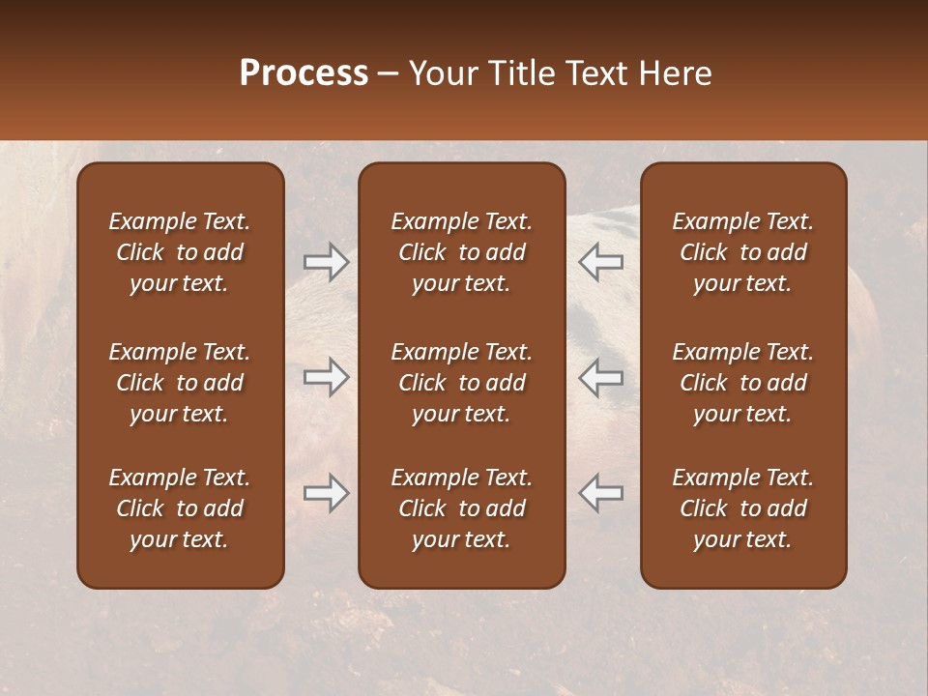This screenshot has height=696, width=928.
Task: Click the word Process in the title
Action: pyautogui.click(x=304, y=73)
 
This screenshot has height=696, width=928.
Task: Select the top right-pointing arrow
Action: pyautogui.click(x=326, y=262)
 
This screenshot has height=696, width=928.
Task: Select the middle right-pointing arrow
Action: pyautogui.click(x=326, y=377)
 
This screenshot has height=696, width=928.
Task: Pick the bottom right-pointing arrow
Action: pyautogui.click(x=326, y=493)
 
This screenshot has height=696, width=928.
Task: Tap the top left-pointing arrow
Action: pyautogui.click(x=600, y=262)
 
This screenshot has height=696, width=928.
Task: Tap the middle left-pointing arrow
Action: pyautogui.click(x=600, y=377)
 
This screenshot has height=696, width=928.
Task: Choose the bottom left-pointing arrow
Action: pyautogui.click(x=600, y=493)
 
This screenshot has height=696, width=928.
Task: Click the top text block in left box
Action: pyautogui.click(x=180, y=252)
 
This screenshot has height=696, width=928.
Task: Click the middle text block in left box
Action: pyautogui.click(x=180, y=383)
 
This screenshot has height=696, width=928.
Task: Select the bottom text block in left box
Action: pyautogui.click(x=180, y=508)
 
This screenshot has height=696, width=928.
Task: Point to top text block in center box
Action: pyautogui.click(x=461, y=252)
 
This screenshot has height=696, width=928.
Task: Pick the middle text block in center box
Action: pyautogui.click(x=461, y=383)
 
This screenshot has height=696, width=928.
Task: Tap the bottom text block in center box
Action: pyautogui.click(x=461, y=508)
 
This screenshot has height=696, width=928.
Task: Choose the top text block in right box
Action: pyautogui.click(x=742, y=252)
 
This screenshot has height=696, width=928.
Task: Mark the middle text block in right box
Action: pyautogui.click(x=742, y=383)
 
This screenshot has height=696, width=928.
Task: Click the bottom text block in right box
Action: pyautogui.click(x=742, y=508)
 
